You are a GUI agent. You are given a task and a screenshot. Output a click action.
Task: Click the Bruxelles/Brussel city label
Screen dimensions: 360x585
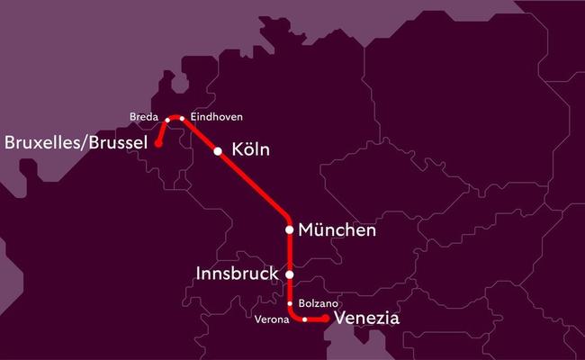tap(76, 142)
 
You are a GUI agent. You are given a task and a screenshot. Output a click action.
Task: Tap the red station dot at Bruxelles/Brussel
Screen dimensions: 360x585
tap(158, 142)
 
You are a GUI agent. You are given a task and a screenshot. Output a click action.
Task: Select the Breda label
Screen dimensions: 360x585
tap(144, 118)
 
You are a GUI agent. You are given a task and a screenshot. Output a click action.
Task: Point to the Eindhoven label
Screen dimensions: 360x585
tap(217, 118)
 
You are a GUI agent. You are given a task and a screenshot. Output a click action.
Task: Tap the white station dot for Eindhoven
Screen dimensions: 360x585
tap(182, 118)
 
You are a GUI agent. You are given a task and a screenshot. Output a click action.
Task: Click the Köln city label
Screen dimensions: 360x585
tap(251, 150)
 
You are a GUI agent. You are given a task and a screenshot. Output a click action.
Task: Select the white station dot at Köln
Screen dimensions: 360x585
tap(218, 151)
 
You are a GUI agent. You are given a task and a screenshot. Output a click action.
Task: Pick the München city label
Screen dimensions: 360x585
tap(337, 230)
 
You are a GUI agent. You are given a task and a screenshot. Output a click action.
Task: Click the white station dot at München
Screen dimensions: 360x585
tap(289, 229)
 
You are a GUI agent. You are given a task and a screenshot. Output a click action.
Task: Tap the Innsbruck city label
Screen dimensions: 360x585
tap(238, 272)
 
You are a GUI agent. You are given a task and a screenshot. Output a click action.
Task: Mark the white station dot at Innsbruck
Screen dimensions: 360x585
tap(289, 274)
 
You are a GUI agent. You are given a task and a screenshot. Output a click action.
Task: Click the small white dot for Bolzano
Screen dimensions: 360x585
tap(289, 303)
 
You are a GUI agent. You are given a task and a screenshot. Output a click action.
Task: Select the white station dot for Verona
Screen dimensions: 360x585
tap(305, 319)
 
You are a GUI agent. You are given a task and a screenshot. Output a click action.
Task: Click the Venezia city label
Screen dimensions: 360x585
tap(366, 319)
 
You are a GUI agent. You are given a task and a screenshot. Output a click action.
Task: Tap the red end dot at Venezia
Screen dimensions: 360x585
tap(325, 318)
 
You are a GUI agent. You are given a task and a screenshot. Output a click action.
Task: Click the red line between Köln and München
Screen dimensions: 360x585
tap(254, 184)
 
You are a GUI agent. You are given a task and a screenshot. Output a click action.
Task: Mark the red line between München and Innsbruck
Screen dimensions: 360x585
tap(289, 252)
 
